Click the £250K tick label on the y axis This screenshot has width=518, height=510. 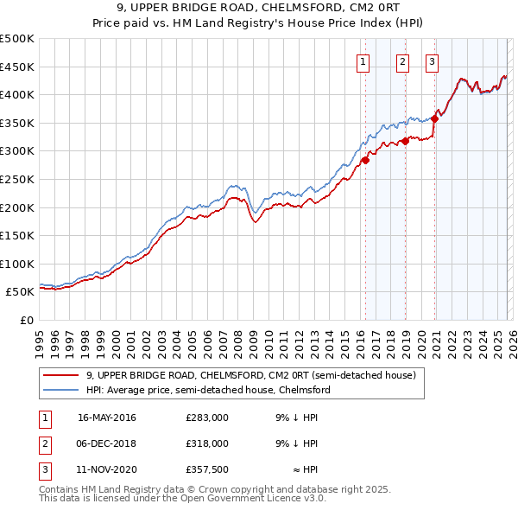pyautogui.click(x=17, y=179)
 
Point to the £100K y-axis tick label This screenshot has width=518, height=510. pyautogui.click(x=17, y=264)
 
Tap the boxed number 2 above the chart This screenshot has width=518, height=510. pyautogui.click(x=403, y=61)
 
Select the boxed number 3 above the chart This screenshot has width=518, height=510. pyautogui.click(x=432, y=61)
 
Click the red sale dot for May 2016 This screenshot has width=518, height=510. pyautogui.click(x=365, y=160)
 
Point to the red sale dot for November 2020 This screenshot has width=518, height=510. pyautogui.click(x=435, y=119)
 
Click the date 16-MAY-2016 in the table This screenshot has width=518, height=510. pyautogui.click(x=107, y=417)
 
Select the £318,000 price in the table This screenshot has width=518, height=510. pyautogui.click(x=207, y=443)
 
